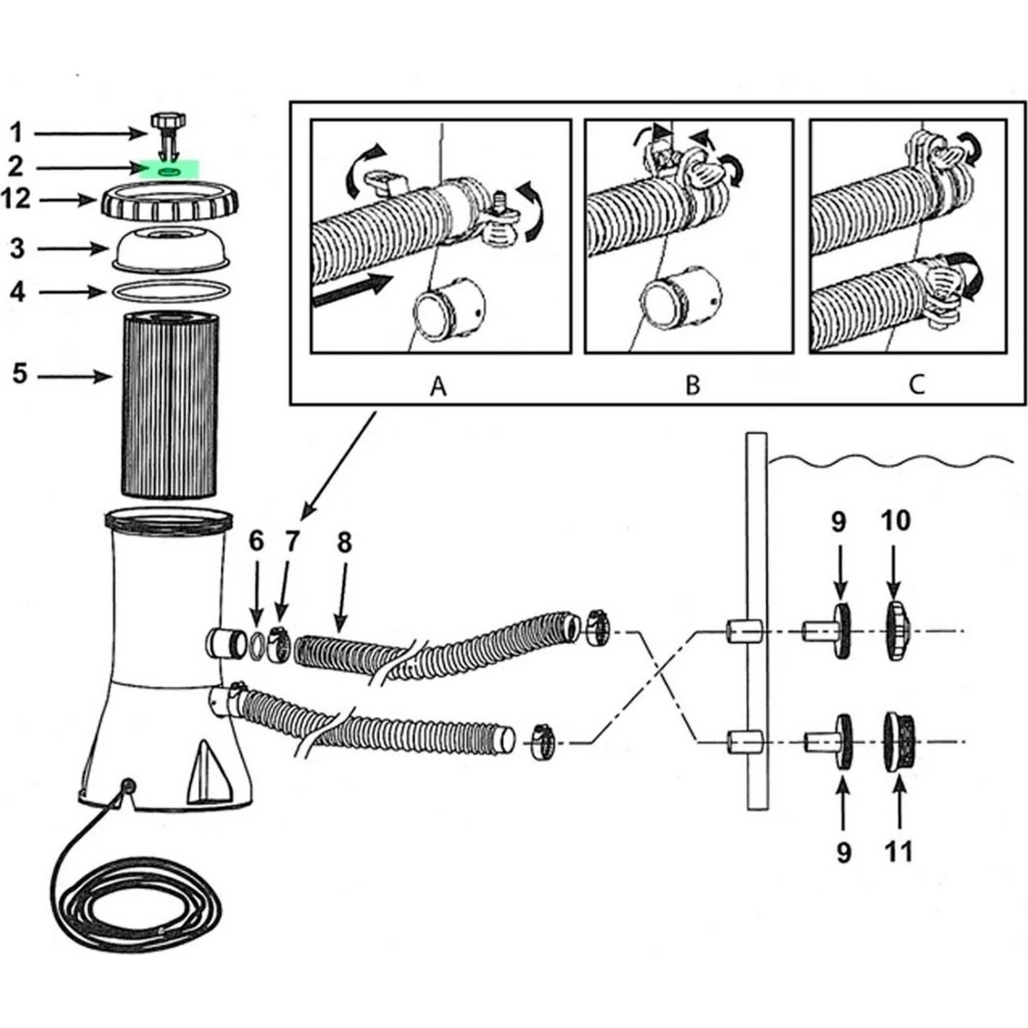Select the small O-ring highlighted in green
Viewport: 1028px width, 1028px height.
tap(169, 170)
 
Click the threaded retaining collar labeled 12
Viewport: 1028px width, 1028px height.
tap(169, 201)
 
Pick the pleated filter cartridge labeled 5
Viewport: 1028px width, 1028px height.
tap(169, 405)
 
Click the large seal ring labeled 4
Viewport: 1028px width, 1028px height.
tap(170, 291)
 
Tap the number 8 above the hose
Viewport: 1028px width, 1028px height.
tap(345, 543)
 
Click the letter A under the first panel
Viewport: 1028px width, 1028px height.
tap(438, 386)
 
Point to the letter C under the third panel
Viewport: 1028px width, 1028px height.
tap(915, 384)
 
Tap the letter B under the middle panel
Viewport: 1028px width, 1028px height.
tap(693, 385)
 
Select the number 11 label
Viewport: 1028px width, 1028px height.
tap(899, 852)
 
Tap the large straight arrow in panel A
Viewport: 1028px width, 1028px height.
tap(353, 290)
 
